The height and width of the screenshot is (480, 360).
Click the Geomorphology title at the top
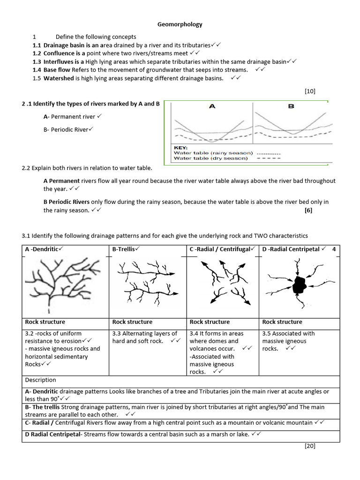(180, 24)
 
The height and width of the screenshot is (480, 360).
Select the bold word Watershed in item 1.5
(59, 78)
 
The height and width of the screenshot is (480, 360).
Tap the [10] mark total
(310, 91)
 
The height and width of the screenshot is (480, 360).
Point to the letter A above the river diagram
(212, 106)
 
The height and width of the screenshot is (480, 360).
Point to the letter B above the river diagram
(291, 106)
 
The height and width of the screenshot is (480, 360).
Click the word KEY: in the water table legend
(180, 147)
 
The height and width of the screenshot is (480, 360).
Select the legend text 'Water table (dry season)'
(210, 158)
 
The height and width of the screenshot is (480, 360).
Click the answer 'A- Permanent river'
(69, 116)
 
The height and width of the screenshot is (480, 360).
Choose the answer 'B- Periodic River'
(66, 129)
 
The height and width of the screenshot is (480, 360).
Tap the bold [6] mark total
(308, 210)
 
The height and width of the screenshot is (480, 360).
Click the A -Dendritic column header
(42, 249)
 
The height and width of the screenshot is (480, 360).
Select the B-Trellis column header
(125, 249)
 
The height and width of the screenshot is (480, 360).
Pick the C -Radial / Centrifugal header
(220, 249)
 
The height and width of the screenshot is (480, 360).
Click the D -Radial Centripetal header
(291, 249)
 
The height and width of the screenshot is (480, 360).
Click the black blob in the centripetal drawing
(298, 284)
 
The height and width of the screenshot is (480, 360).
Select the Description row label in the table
(41, 380)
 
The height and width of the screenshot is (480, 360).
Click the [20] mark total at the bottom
(310, 446)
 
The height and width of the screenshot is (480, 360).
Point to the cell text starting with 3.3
(145, 337)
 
